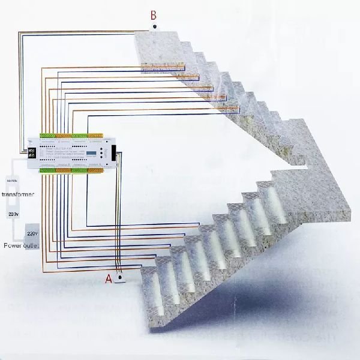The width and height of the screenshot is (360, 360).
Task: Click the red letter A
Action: point(109,279)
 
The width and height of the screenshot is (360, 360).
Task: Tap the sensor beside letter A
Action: point(121,278)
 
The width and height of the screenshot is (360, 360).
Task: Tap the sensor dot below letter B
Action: point(154,26)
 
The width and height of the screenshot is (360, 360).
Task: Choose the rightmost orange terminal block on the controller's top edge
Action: point(94,134)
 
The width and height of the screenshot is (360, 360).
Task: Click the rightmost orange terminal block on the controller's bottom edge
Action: point(94,171)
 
